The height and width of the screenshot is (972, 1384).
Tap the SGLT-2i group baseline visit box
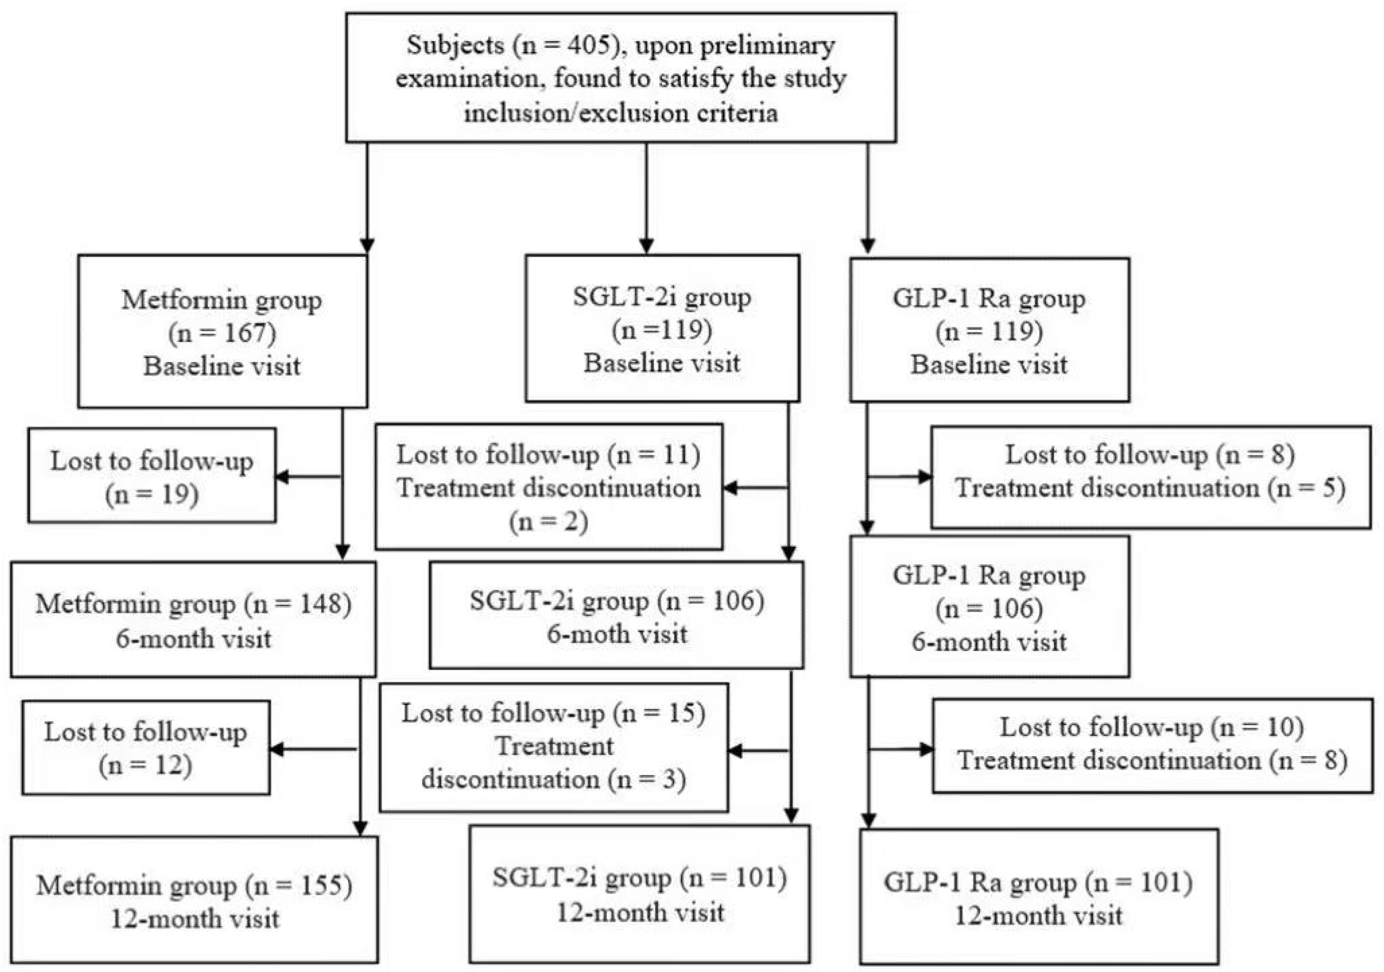662,329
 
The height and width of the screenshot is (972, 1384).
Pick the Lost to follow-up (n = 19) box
152,476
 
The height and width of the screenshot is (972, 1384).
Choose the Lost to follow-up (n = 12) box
146,748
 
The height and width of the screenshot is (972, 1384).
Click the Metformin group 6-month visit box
193,619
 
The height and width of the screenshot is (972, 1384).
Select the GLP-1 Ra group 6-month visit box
989,607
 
